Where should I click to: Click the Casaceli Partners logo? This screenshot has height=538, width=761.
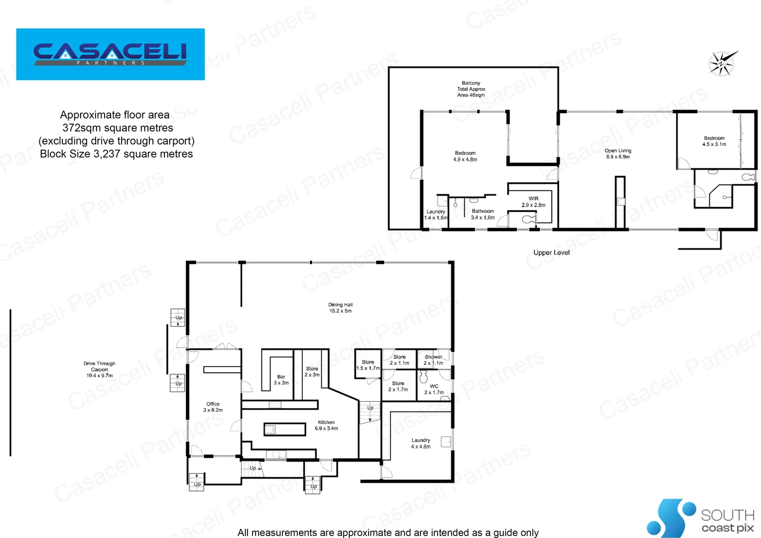110,54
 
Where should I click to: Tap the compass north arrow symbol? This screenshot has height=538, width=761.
722,63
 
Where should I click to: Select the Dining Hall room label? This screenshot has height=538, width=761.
340,308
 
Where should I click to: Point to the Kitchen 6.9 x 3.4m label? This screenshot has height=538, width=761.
326,425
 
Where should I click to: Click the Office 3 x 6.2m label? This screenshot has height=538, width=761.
213,407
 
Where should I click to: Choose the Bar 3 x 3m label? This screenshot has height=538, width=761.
281,380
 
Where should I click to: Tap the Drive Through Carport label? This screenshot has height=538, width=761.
99,370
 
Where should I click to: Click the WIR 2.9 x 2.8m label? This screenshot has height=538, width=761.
533,202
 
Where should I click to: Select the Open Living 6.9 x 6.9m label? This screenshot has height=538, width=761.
618,153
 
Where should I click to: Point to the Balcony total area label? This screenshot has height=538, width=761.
471,89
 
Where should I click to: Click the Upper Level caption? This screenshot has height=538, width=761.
551,253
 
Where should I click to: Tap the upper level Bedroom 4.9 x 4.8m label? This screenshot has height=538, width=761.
465,156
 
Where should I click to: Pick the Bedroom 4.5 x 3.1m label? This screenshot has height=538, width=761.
714,141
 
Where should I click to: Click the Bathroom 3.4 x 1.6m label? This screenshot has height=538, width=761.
483,214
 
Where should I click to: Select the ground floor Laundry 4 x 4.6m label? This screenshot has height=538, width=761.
420,443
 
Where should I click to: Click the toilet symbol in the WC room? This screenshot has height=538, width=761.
423,377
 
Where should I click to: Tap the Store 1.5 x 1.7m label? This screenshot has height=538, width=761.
368,365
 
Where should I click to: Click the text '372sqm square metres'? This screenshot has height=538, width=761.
118,128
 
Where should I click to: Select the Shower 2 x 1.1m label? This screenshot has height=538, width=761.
433,360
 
